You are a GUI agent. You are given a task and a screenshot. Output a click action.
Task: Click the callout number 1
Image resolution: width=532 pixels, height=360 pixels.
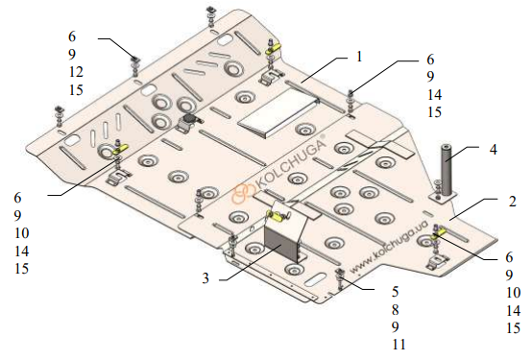click(359, 57)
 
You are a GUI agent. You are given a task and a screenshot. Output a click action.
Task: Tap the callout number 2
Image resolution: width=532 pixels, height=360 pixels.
click(513, 202)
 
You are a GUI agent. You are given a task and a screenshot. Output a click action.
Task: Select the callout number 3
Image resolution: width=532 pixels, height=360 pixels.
click(206, 278)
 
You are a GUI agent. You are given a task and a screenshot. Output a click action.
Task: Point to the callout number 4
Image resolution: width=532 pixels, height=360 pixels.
click(494, 150)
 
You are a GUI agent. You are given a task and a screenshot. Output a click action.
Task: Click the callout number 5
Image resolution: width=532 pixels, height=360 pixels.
click(396, 292)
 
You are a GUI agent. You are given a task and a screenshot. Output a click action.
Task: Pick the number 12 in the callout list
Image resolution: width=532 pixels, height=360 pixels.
click(76, 72)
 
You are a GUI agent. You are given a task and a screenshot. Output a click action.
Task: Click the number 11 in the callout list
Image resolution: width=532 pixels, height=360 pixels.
click(399, 345)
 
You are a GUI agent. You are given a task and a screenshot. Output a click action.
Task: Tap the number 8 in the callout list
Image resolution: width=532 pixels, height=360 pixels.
click(396, 309)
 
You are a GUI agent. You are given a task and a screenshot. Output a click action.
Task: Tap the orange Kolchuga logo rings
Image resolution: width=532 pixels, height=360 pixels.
click(242, 193)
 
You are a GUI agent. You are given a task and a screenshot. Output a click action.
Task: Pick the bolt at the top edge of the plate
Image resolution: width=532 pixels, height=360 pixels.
click(210, 17)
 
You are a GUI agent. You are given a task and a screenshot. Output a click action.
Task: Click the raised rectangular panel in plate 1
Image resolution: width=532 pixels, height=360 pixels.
click(278, 113)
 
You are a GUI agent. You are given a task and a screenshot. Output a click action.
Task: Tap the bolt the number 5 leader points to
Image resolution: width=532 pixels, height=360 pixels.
click(339, 278)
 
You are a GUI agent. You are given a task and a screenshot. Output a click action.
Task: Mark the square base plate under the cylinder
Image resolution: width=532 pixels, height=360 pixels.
click(443, 196)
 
